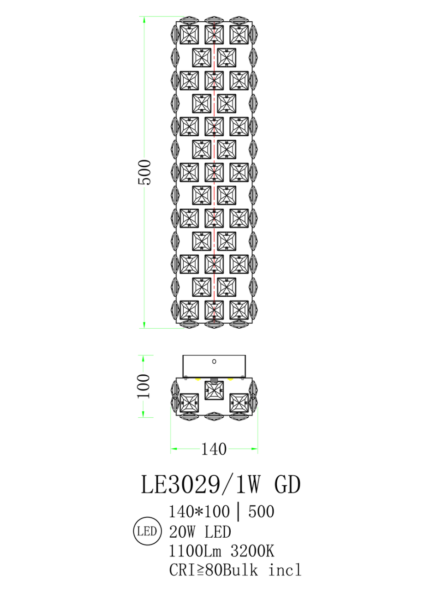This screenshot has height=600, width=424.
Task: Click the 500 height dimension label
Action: (145, 172)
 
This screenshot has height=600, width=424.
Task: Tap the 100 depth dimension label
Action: (144, 386)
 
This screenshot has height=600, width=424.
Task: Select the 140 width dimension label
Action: (214, 449)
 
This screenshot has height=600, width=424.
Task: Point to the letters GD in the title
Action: (287, 485)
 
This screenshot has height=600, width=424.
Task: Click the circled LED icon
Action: (147, 531)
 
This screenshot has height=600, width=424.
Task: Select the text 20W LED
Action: (200, 532)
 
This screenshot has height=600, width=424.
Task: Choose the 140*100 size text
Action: (199, 511)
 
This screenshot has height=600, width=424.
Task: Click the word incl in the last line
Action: (285, 570)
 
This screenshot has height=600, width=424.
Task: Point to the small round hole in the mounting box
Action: (214, 361)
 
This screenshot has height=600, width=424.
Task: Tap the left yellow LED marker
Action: (198, 379)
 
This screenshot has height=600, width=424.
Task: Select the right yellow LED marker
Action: (230, 379)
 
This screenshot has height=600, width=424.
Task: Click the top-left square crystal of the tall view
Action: (189, 35)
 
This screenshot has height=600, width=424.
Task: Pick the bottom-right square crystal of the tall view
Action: (239, 310)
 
